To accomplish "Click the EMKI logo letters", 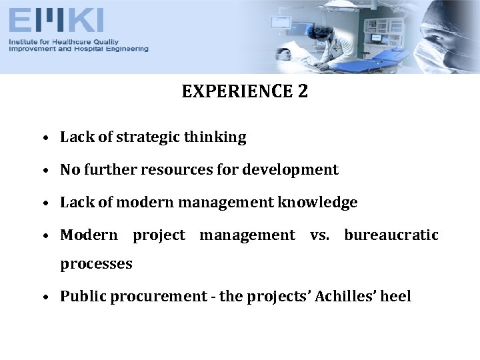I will coord(56,21).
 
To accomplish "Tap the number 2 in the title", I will coord(303,92).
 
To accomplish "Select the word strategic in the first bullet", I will coord(147,137).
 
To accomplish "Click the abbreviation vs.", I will coord(319,235).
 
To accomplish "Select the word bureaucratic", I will coord(391,235).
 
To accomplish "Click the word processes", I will coord(96,264).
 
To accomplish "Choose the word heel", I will coord(396,296).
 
